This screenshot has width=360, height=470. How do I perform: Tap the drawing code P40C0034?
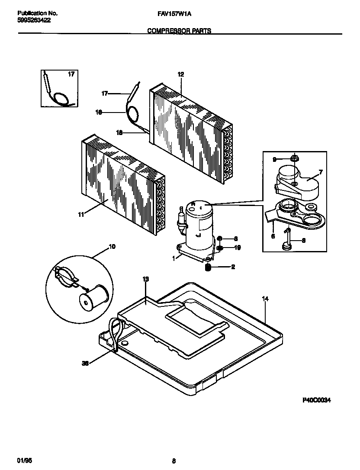pos(316,401)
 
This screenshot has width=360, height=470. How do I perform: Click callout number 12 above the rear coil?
pos(180,74)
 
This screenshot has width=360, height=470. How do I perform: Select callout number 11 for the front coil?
pos(80,214)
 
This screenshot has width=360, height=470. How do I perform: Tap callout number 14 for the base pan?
pos(265,298)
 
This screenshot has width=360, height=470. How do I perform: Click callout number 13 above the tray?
pos(145,279)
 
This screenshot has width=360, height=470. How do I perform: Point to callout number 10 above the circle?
pos(112,247)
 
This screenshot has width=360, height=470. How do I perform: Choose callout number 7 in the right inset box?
pos(320,172)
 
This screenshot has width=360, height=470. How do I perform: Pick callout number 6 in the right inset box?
pos(273,236)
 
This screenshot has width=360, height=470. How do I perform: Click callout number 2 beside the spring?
pos(233,267)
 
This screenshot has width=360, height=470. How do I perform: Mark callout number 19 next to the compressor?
pos(237,248)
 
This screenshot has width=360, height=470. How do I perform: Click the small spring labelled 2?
pos(208,267)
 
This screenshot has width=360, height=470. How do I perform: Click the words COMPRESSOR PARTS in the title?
pos(179,31)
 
